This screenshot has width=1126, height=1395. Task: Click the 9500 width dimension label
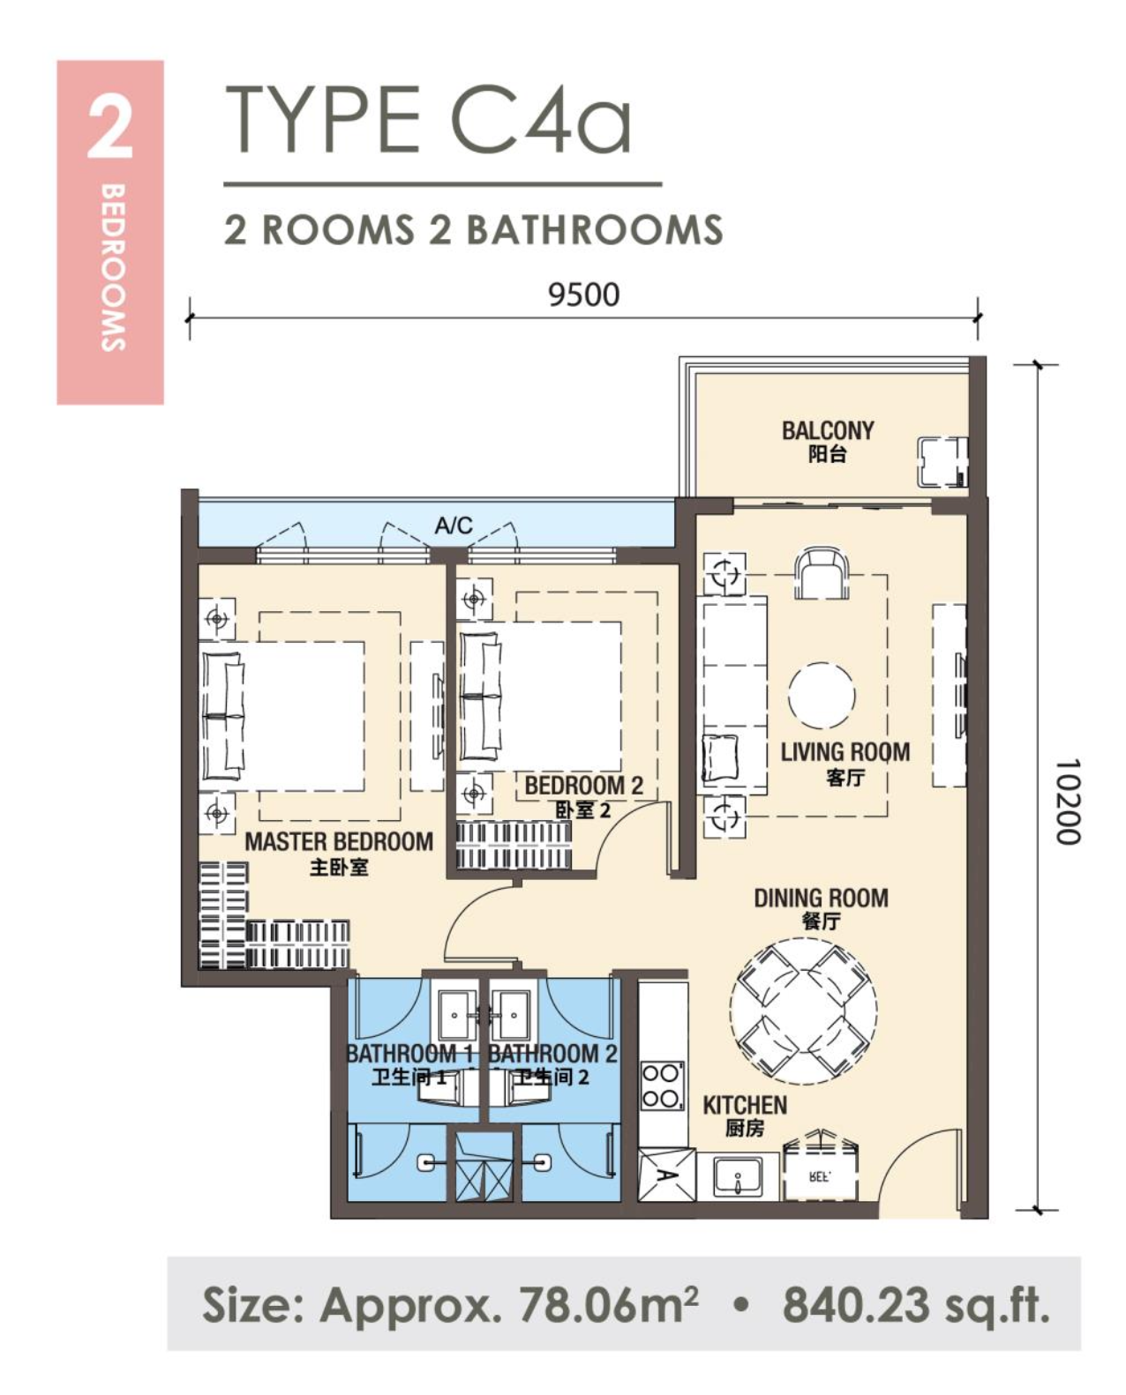click(x=584, y=295)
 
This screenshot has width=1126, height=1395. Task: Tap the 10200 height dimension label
click(x=1067, y=802)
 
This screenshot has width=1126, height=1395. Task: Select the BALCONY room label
click(x=828, y=430)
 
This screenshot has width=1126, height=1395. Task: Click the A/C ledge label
click(x=454, y=525)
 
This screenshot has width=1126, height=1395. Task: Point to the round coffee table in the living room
click(x=822, y=696)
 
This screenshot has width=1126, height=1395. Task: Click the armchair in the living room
click(x=822, y=574)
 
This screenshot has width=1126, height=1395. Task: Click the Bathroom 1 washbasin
click(x=455, y=1016)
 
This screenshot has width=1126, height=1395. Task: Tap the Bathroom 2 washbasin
click(x=513, y=1016)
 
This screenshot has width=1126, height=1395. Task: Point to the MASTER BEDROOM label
click(x=339, y=842)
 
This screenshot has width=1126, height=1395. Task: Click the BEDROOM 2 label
click(x=584, y=786)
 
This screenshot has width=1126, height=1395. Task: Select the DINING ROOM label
click(x=822, y=898)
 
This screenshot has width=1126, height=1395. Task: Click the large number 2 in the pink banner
click(x=109, y=129)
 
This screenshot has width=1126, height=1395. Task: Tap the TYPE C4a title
click(x=428, y=120)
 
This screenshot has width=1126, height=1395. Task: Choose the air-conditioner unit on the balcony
click(x=942, y=462)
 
